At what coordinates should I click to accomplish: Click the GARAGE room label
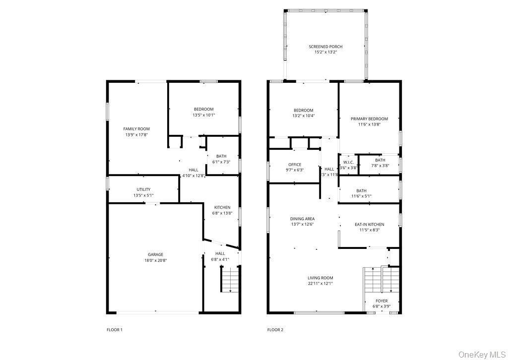155,254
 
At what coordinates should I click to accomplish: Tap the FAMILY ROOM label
136,129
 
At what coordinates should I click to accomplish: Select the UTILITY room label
143,189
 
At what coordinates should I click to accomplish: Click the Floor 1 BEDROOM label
203,109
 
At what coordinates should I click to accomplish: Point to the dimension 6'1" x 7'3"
221,162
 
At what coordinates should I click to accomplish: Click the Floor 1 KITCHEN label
222,207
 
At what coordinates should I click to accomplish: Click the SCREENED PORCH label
325,47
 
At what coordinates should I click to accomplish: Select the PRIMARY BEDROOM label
369,119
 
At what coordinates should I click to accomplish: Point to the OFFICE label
295,165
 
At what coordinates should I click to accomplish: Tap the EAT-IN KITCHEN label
369,224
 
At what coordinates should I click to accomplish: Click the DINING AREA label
302,219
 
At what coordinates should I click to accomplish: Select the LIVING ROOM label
320,278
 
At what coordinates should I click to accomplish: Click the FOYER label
381,300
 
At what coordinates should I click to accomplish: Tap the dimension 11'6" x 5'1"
361,196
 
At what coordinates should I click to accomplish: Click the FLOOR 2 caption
275,329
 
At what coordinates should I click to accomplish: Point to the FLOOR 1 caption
115,329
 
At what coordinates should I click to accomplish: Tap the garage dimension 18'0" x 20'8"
155,260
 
